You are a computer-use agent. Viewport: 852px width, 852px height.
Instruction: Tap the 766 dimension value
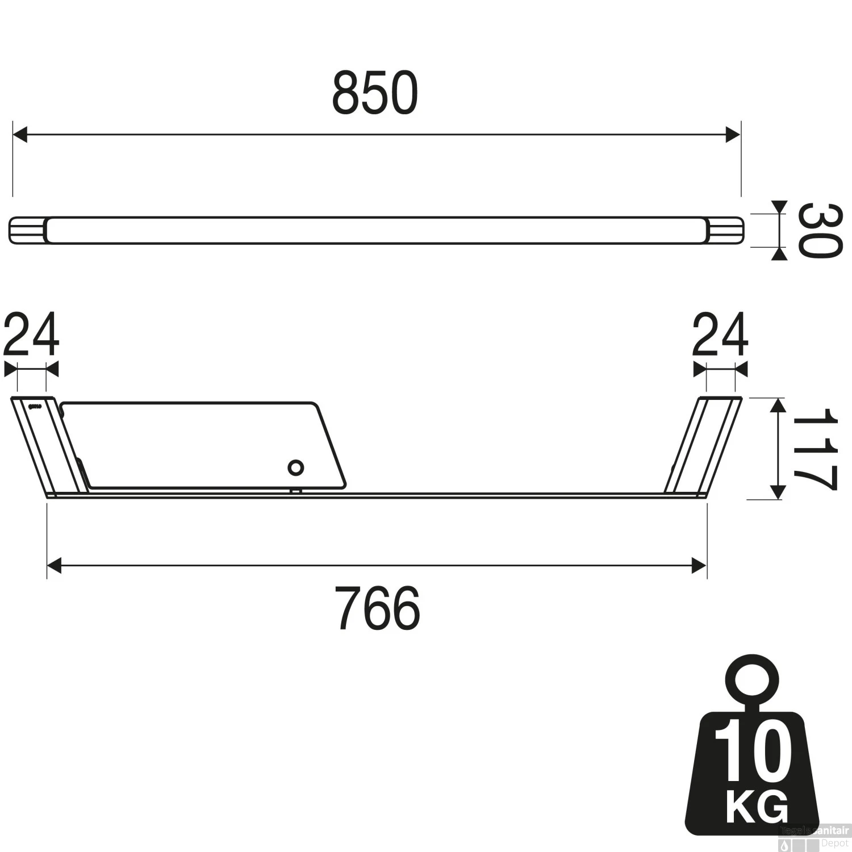pyautogui.click(x=377, y=608)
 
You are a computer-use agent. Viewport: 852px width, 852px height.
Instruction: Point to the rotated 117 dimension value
pyautogui.click(x=815, y=449)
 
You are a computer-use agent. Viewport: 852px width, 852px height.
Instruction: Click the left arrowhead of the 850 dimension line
pyautogui.click(x=20, y=135)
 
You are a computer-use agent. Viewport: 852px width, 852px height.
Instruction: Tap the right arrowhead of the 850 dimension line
pyautogui.click(x=733, y=135)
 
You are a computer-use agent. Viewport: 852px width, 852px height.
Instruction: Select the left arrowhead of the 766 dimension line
pyautogui.click(x=55, y=566)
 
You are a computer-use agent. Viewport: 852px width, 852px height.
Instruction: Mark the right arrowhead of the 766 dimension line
pyautogui.click(x=699, y=566)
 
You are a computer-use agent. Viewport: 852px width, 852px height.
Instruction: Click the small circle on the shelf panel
pyautogui.click(x=295, y=468)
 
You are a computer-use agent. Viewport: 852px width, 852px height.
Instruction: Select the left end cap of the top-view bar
pyautogui.click(x=27, y=231)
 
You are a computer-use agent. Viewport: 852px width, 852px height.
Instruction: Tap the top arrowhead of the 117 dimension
pyautogui.click(x=777, y=405)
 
